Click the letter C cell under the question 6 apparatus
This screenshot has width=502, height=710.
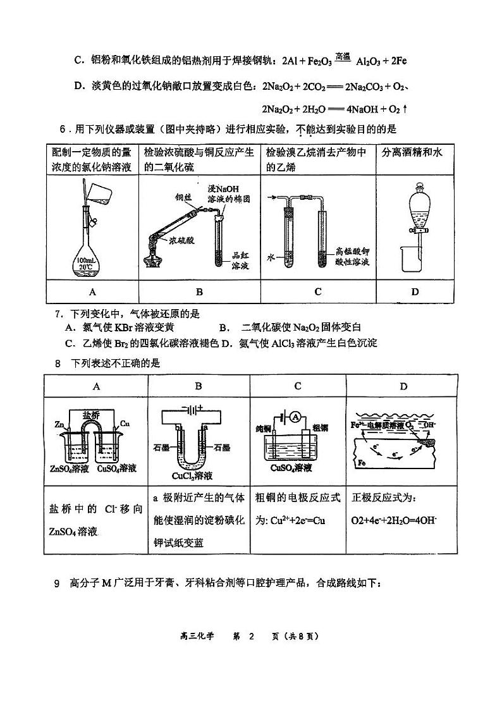tap(317, 291)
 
